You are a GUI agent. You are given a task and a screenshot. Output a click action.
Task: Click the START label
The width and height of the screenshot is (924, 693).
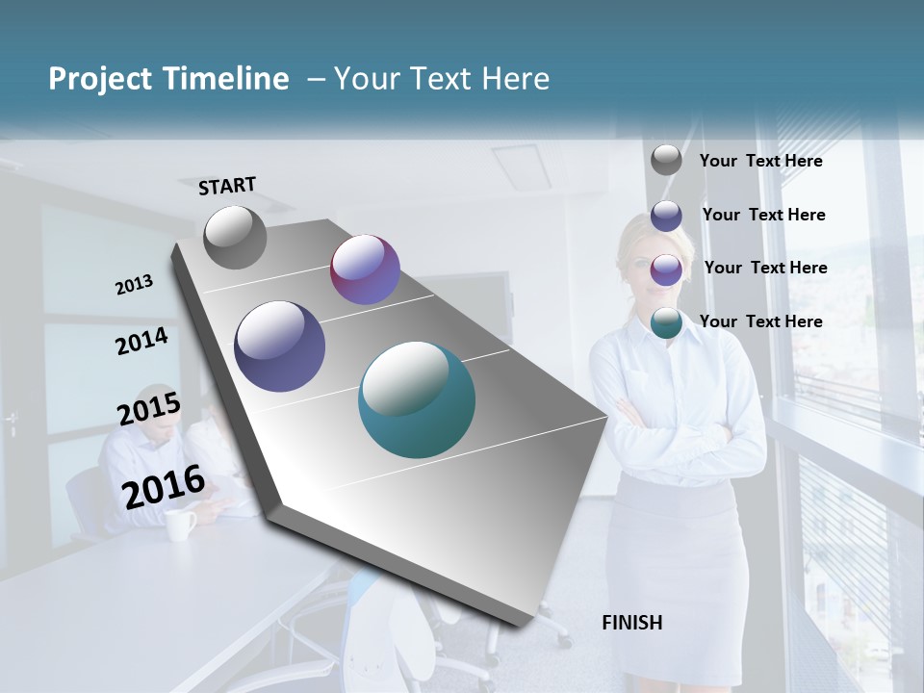227,186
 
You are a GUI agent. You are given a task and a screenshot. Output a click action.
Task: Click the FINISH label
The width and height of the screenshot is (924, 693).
631,623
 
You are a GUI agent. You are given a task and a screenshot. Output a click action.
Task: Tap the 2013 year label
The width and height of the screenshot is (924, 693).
134,285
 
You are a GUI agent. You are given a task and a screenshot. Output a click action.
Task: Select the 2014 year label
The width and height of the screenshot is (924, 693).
141,342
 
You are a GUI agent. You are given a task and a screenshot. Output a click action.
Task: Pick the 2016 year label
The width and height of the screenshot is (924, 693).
164,486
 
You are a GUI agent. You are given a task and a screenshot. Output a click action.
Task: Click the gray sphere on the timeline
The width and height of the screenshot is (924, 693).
235,237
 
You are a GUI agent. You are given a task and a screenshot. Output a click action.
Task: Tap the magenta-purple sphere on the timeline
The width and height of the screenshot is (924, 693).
365,269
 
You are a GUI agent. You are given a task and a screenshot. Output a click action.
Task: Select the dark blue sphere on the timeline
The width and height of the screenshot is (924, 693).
280,346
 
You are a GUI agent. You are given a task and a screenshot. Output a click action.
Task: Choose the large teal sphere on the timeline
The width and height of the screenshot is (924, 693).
417,399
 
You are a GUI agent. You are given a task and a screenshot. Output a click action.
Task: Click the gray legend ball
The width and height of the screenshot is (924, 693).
666,160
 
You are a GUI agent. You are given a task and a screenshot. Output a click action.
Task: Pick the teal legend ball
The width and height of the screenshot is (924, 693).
666,322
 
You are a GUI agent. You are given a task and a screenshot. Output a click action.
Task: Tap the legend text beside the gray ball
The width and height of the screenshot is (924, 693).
760,161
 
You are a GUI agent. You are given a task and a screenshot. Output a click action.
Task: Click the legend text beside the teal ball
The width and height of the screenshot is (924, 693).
760,321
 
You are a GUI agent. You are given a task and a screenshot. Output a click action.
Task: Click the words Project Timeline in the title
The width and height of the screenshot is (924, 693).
168,79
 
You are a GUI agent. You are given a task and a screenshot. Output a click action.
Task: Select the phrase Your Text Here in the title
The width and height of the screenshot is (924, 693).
441,79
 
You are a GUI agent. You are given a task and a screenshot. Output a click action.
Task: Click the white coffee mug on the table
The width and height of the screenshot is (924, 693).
180,524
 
